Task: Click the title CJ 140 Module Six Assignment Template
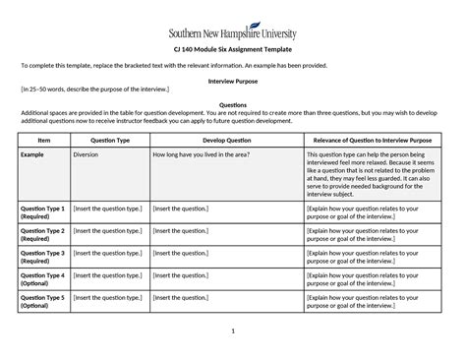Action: coord(233,48)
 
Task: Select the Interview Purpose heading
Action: coord(232,80)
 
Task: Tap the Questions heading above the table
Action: coord(232,104)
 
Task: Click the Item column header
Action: coord(43,141)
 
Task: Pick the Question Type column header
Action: coord(109,141)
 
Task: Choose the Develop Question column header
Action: coord(226,141)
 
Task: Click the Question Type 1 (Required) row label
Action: coord(43,213)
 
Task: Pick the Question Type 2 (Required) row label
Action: coord(43,235)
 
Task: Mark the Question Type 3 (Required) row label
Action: coord(43,257)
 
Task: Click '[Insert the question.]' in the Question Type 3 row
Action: coord(182,253)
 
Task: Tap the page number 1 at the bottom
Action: coord(232,330)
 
